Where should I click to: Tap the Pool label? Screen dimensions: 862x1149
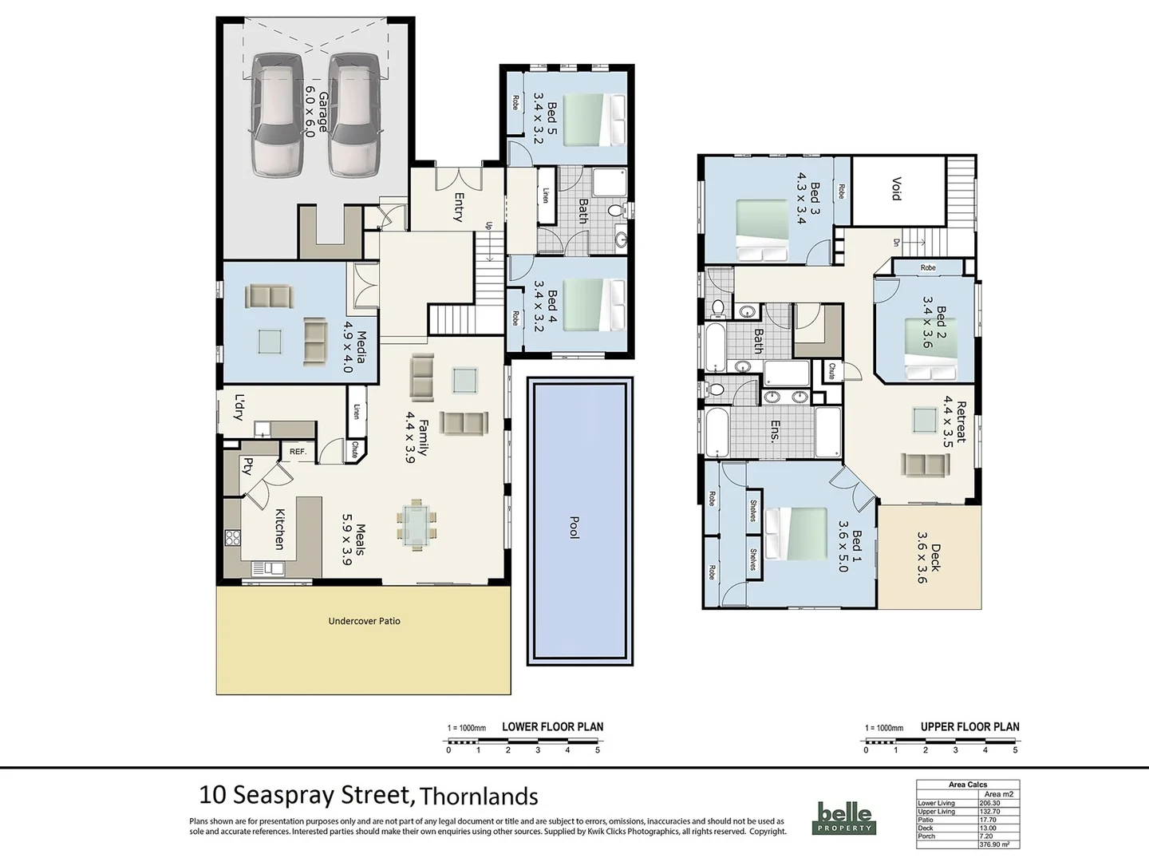click(574, 527)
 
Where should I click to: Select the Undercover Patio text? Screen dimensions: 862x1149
click(364, 621)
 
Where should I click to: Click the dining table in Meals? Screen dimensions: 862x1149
click(414, 526)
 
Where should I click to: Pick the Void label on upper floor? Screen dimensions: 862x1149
click(896, 189)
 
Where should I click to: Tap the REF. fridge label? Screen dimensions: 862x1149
click(298, 452)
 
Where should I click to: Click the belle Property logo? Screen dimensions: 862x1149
click(843, 818)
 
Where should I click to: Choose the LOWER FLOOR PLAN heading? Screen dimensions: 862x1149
click(552, 727)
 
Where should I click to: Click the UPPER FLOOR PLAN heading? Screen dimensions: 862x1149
click(969, 727)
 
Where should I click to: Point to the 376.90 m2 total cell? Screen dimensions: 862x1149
click(999, 844)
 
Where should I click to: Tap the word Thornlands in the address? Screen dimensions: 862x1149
click(479, 797)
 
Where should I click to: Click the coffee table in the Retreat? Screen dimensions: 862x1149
click(924, 419)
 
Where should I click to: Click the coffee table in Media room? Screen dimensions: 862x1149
click(269, 342)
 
